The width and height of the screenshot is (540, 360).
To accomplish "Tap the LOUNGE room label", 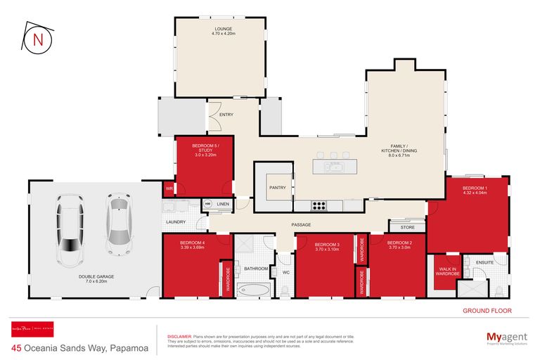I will point(221,30).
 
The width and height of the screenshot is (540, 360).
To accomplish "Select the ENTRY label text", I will point(226,115).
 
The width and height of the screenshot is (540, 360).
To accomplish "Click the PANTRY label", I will point(276,187).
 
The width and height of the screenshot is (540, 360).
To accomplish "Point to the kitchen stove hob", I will point(319,205).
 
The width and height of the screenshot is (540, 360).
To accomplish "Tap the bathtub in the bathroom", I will point(252,289).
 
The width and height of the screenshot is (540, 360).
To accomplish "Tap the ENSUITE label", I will point(484,262).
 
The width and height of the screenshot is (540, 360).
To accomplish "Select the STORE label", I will point(408,227).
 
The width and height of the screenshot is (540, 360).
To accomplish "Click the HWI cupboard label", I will point(207,204).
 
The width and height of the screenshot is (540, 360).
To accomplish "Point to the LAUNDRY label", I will point(175,222).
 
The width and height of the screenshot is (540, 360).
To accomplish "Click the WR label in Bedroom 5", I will point(169,190).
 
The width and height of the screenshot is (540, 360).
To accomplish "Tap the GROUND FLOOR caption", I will point(487,310).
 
